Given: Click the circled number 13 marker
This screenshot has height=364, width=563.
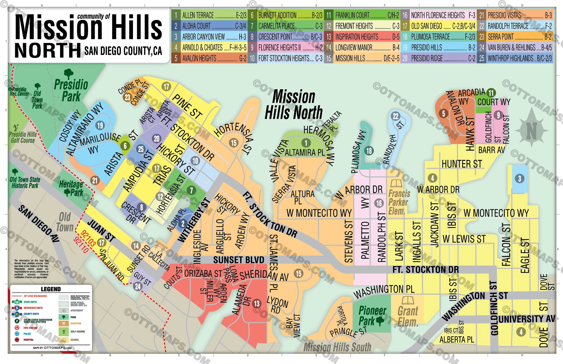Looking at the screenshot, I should [257, 303].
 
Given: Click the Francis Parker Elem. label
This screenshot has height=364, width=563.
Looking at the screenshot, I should [399, 202].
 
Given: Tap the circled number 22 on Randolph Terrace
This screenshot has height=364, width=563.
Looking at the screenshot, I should [395, 116].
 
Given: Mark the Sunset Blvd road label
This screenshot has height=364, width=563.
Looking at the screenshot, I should [239, 260].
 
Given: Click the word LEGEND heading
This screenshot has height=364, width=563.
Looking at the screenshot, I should [51, 289].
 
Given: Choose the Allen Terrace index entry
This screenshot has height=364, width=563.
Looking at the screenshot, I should [209, 15].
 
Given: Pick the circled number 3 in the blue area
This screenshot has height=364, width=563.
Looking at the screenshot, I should [519, 179].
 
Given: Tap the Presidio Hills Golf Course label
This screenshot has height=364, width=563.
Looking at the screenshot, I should [23, 137].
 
